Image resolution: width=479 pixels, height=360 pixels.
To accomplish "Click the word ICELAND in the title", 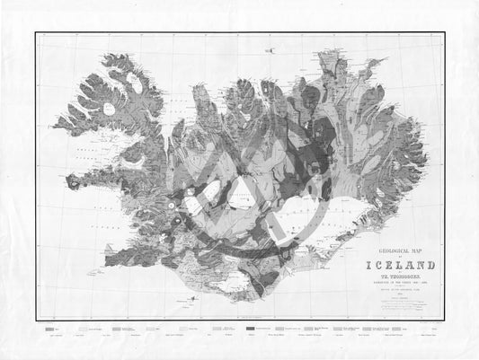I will click(x=400, y=265).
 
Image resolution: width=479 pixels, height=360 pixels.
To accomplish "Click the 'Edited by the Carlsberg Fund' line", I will click(x=399, y=292).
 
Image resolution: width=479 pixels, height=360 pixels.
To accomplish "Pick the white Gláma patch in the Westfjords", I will click(x=109, y=109).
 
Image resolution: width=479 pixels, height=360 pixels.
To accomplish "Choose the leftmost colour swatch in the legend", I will click(x=50, y=331).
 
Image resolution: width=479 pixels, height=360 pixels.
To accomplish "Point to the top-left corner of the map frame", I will click(x=36, y=33).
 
